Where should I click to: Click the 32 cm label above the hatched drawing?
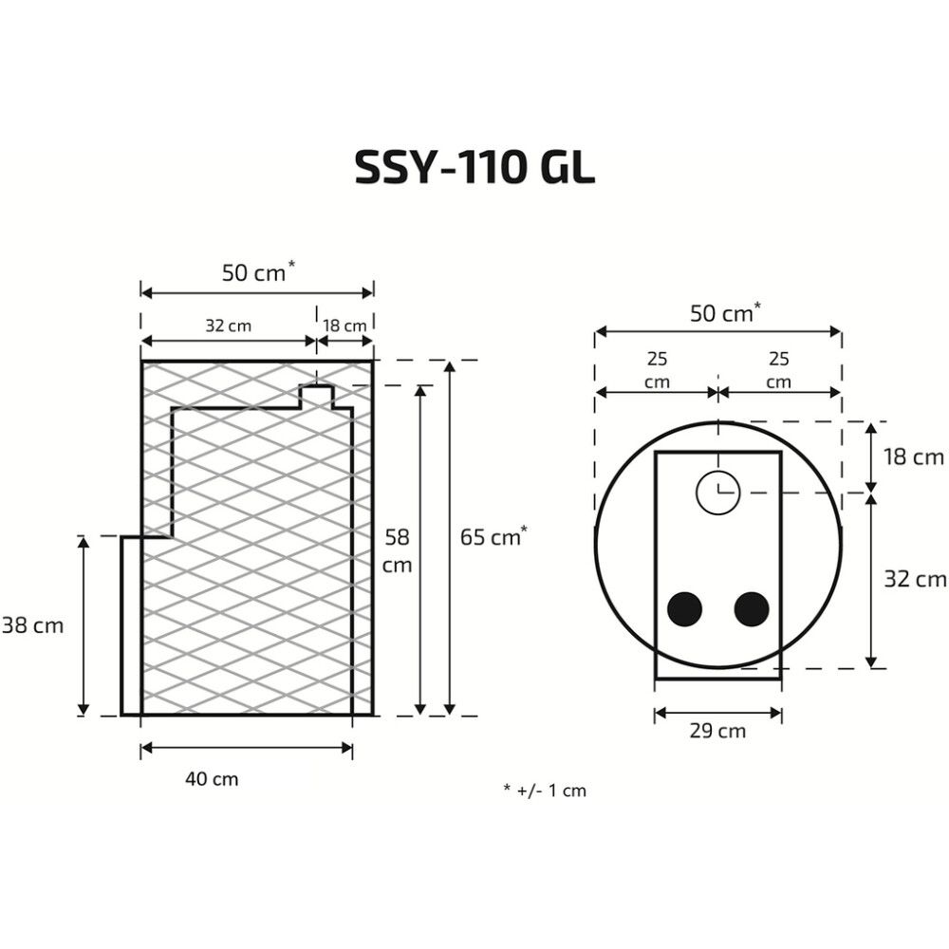228,326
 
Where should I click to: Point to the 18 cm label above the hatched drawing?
344,326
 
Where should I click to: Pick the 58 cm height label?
397,550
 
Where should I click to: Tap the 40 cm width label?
211,779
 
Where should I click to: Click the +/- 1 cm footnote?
545,790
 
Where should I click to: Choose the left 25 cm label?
657,370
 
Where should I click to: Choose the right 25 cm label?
778,370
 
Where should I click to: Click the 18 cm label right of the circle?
914,457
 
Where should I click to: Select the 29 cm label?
717,731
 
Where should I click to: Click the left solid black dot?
683,608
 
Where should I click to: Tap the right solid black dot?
752,608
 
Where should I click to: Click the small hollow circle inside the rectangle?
718,492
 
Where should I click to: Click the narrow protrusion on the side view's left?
131,626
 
